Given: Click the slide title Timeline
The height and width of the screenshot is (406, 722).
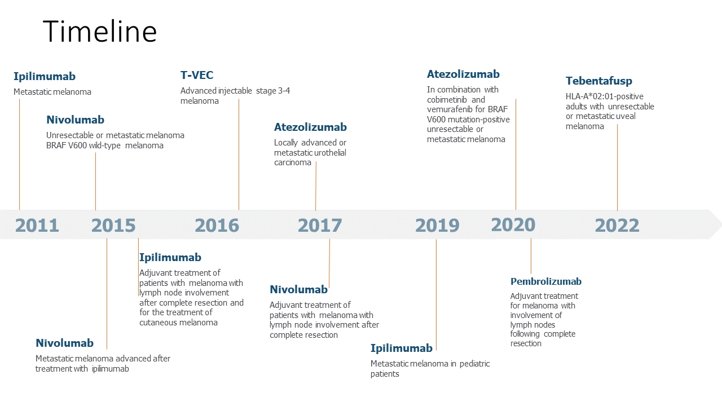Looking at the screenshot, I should point(100,32).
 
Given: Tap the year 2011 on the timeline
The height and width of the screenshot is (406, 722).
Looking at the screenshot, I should point(37,226).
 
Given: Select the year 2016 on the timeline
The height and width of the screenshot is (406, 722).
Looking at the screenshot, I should point(217,226).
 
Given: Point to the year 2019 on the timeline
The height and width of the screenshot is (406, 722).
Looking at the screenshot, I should point(437,226).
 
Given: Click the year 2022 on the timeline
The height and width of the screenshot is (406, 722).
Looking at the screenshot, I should point(617,226).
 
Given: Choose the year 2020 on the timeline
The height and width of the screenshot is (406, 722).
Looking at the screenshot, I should point(513,224).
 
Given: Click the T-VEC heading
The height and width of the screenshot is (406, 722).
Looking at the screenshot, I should point(197,75).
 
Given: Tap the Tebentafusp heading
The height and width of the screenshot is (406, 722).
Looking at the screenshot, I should point(599,81).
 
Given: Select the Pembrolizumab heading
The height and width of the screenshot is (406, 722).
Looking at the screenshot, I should point(546,281).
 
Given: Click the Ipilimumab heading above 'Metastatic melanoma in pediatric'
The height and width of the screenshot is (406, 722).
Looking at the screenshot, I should point(402,348).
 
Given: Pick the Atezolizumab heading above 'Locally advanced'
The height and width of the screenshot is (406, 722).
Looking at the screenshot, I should point(310,127).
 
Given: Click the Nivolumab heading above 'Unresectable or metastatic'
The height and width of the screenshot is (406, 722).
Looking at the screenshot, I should point(75,120).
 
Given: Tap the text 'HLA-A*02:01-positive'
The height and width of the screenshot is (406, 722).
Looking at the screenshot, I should point(604,96).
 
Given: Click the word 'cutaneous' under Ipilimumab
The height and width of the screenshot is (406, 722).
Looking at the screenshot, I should point(158,323).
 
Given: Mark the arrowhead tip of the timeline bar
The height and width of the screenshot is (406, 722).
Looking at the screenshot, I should point(720,224).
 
